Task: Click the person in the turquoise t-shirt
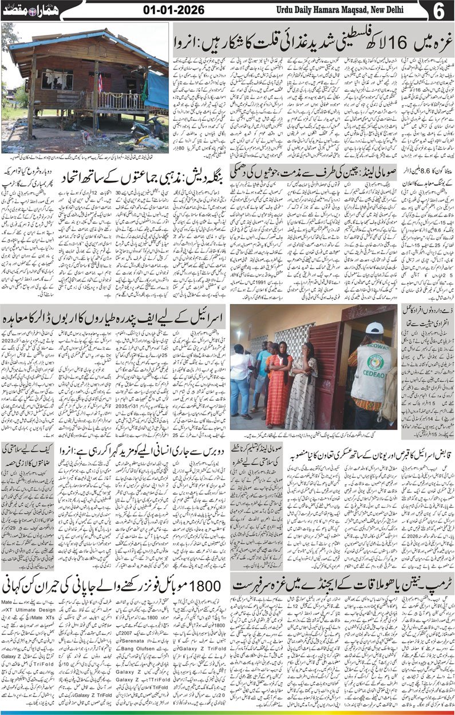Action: [262, 372]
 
